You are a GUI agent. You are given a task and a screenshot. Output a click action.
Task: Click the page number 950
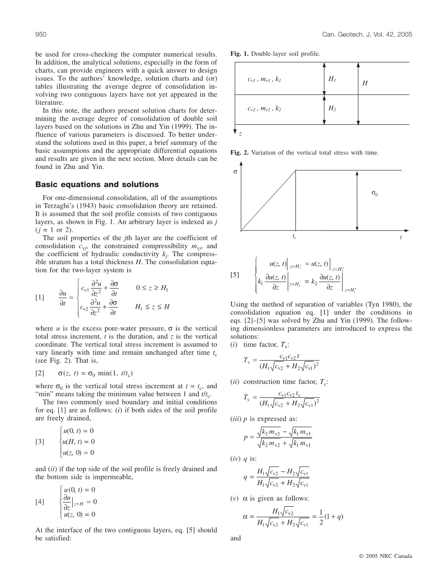pos(40,35)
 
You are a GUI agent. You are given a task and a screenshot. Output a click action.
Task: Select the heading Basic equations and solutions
pos(97,184)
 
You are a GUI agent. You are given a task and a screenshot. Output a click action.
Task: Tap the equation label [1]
pos(40,298)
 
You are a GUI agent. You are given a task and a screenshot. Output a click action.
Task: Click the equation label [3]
pos(40,441)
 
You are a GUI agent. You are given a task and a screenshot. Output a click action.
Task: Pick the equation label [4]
pos(40,502)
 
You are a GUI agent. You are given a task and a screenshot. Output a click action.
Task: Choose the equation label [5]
pos(235,275)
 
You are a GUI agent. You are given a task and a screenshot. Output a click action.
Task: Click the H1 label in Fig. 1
pos(332,80)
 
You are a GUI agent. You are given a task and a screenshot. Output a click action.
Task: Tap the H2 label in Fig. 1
pos(332,108)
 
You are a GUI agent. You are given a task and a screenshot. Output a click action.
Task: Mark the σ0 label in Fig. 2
pos(374,193)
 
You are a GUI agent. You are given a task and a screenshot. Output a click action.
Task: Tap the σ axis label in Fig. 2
pos(235,172)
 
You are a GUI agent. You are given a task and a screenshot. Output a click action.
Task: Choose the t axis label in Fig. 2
pos(401,237)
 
